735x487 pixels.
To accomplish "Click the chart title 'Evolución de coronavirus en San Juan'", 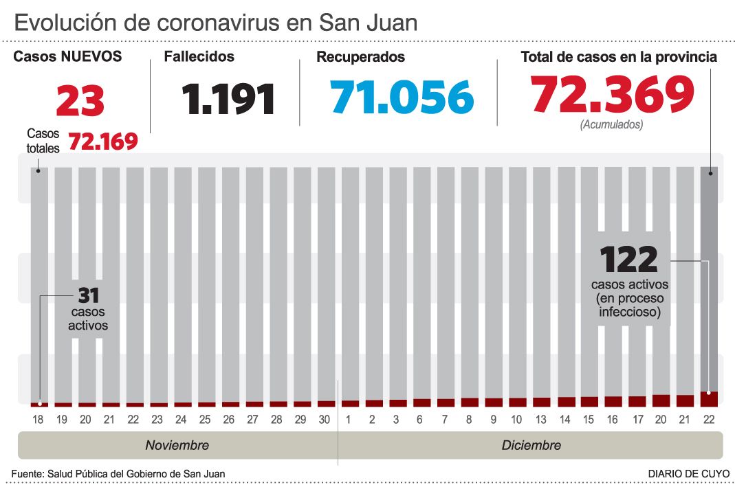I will (215, 23).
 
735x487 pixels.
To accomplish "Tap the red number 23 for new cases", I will (80, 101).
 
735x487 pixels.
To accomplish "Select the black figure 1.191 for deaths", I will (229, 99).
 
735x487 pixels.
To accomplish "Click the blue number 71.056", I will (402, 97).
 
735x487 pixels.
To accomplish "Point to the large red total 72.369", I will (612, 95).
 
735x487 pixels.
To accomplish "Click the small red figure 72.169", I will (103, 141).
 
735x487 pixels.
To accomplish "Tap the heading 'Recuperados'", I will (360, 58).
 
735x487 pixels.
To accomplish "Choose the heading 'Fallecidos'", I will (199, 57).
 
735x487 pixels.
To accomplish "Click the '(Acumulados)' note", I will (612, 125).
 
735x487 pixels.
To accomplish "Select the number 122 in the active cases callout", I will (629, 260).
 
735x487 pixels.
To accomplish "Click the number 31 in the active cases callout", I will (89, 295).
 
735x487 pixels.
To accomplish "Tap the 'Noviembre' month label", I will (177, 445).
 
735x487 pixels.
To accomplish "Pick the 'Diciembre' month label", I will (531, 445).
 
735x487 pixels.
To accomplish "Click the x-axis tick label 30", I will (325, 420).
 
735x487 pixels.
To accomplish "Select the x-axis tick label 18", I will (39, 420).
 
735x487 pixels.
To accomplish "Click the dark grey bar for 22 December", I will (709, 275).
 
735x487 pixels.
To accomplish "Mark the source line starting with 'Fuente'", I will (118, 473).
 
